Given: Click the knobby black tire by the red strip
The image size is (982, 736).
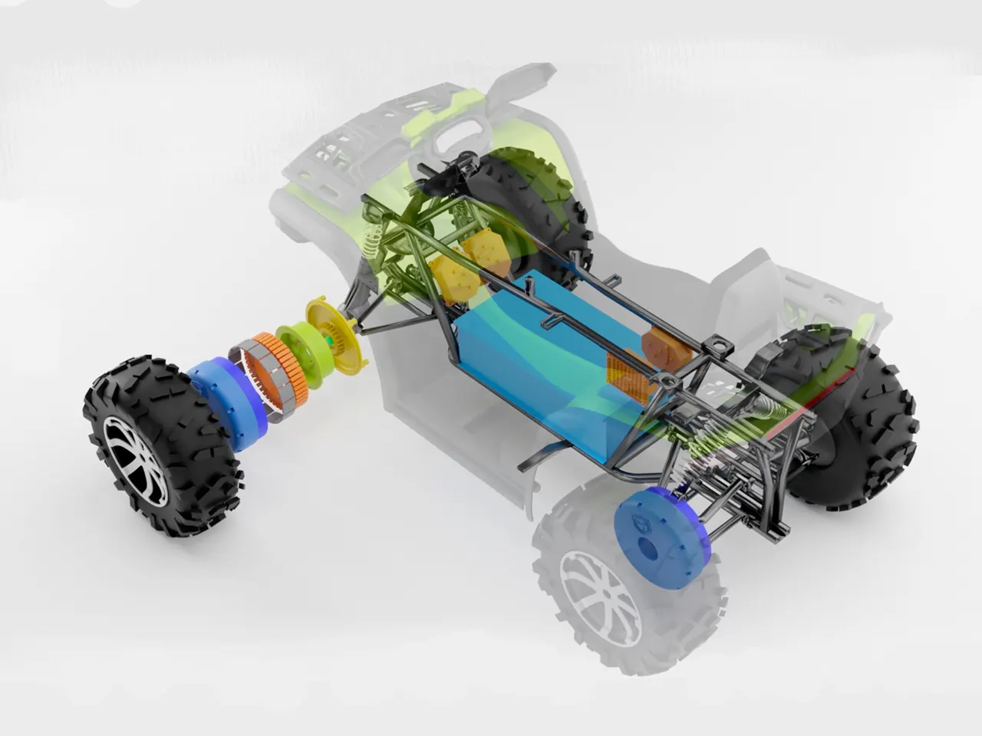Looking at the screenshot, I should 867,429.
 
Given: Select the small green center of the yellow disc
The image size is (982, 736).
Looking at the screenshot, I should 331,339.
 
